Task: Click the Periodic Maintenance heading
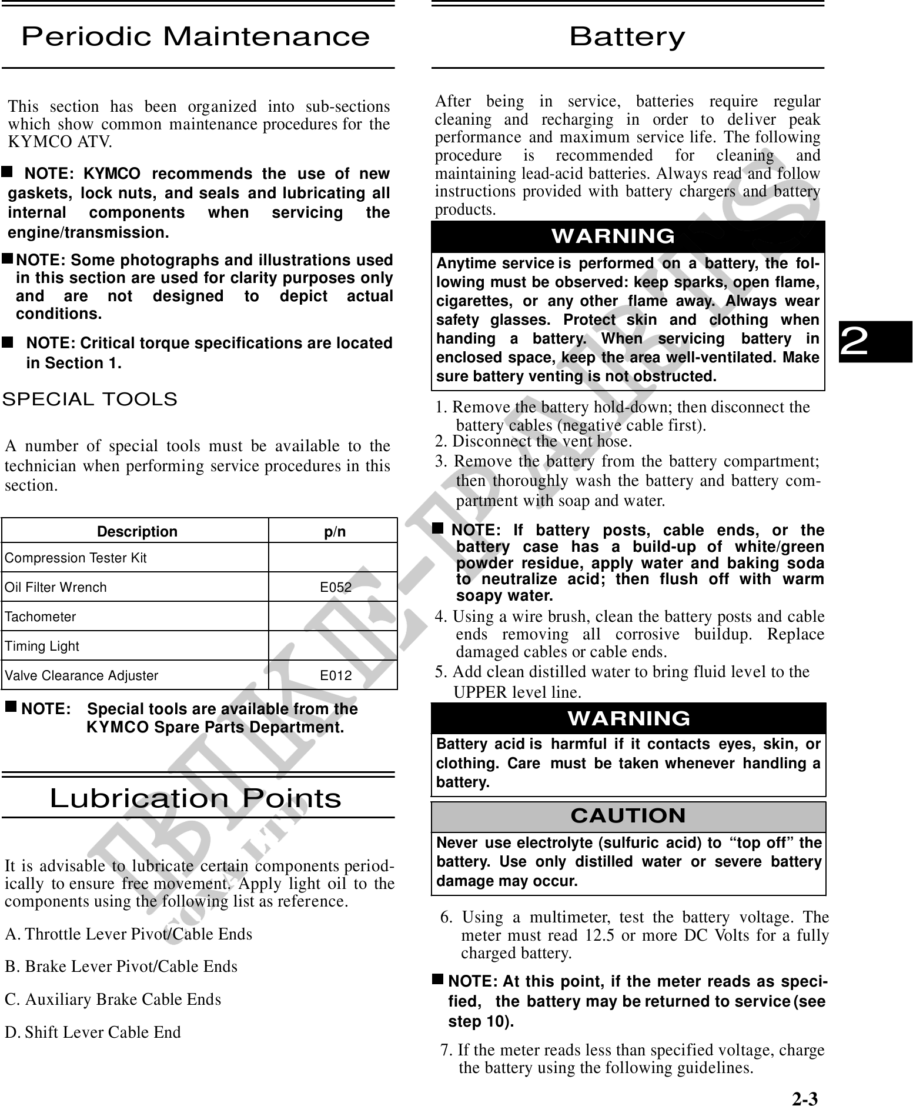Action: pyautogui.click(x=196, y=37)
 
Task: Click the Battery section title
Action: pyautogui.click(x=627, y=37)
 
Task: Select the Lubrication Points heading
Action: pyautogui.click(x=196, y=798)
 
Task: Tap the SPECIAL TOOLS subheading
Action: pyautogui.click(x=90, y=399)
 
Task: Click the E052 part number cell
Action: pyautogui.click(x=336, y=587)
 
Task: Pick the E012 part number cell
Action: pyautogui.click(x=336, y=675)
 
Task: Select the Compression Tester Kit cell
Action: pyautogui.click(x=76, y=558)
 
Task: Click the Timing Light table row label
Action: pyautogui.click(x=42, y=646)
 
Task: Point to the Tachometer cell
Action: pyautogui.click(x=41, y=617)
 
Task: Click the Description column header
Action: pyautogui.click(x=137, y=532)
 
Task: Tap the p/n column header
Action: pyautogui.click(x=335, y=532)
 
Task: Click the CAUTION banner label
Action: pyautogui.click(x=628, y=816)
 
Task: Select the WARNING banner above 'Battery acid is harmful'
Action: pyautogui.click(x=628, y=718)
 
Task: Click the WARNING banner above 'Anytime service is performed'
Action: pyautogui.click(x=613, y=236)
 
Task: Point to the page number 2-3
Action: pyautogui.click(x=804, y=1098)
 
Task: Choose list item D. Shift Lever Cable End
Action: pyautogui.click(x=93, y=1032)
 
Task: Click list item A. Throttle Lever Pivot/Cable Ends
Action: pyautogui.click(x=129, y=934)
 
